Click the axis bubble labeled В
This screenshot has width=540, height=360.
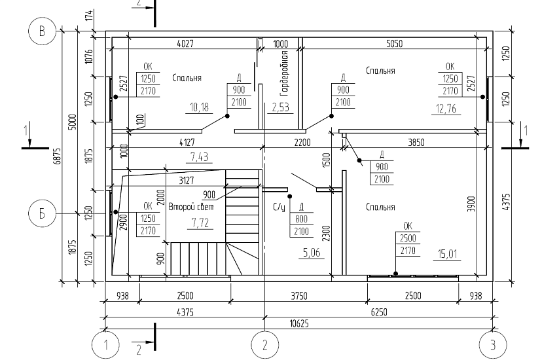click(42, 31)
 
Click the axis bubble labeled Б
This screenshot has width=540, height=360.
click(42, 213)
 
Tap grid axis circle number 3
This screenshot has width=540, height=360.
click(493, 345)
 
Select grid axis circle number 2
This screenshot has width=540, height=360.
click(264, 345)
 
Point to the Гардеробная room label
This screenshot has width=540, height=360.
click(284, 73)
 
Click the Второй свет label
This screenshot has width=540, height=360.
click(190, 207)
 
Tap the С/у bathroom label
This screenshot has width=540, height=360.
click(279, 207)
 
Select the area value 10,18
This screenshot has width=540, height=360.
click(199, 107)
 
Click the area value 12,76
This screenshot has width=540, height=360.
click(446, 109)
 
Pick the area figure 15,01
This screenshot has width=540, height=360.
click(447, 254)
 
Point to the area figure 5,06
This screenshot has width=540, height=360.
click(312, 253)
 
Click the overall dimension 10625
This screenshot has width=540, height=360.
click(299, 323)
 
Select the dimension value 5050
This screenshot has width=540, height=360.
click(394, 44)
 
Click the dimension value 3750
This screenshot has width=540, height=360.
click(298, 296)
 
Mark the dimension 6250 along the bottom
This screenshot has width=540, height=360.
click(379, 312)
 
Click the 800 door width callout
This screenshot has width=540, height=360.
click(301, 219)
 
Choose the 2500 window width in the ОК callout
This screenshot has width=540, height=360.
click(408, 238)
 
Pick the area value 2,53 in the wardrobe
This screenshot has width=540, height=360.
click(280, 107)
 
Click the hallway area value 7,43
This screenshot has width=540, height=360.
click(199, 157)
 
